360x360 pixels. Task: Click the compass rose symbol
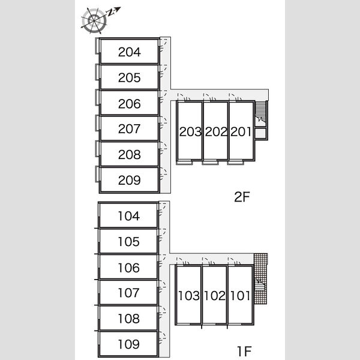(x=94, y=20)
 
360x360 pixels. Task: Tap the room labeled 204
(x=130, y=52)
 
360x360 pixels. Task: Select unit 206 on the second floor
(x=130, y=103)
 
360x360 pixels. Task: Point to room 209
(x=130, y=180)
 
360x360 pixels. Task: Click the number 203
(x=190, y=132)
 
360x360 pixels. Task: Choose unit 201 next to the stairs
(x=241, y=131)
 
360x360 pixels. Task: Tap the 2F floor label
(x=242, y=197)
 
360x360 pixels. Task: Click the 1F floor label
(x=244, y=351)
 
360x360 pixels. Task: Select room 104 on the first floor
(x=128, y=215)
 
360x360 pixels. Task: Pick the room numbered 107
(x=128, y=292)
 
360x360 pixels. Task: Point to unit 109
(x=128, y=344)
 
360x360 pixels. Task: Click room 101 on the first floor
(x=241, y=295)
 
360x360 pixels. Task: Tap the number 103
(x=189, y=295)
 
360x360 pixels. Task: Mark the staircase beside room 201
(x=261, y=113)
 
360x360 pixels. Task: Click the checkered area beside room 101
(x=260, y=279)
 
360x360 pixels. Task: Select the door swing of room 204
(x=163, y=45)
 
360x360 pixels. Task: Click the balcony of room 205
(x=98, y=72)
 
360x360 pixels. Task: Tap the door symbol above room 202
(x=209, y=97)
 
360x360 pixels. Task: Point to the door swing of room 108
(x=162, y=312)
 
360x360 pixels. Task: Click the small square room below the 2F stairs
(x=260, y=134)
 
